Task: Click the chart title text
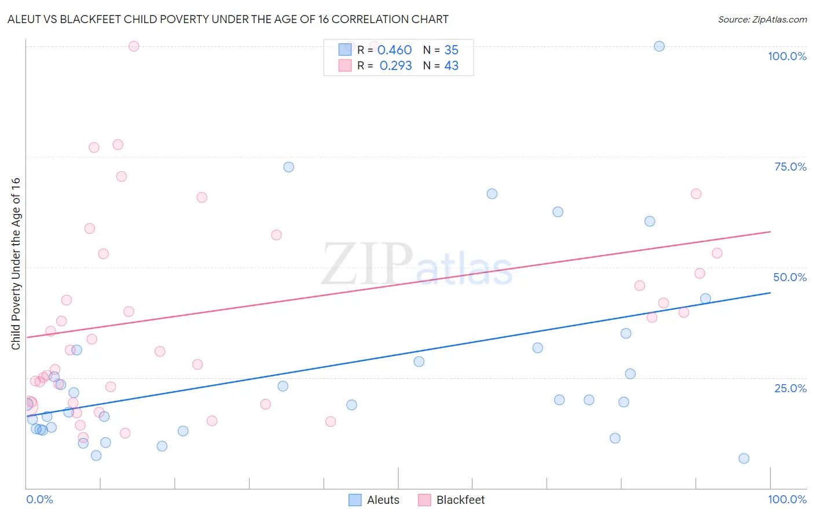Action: click(x=228, y=19)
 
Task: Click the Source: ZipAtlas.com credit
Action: click(x=762, y=19)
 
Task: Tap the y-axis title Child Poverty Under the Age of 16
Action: click(x=16, y=263)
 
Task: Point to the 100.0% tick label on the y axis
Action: click(x=787, y=56)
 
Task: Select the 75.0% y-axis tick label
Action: click(x=790, y=167)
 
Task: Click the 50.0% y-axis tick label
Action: click(x=790, y=277)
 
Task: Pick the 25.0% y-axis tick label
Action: click(x=790, y=388)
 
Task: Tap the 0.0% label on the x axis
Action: click(x=39, y=499)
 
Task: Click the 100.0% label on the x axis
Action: click(x=787, y=499)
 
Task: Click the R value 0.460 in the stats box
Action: click(x=394, y=50)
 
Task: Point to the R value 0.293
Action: click(x=395, y=66)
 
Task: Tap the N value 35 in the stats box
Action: click(x=451, y=50)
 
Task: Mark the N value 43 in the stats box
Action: click(x=451, y=66)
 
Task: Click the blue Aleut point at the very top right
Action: click(x=659, y=46)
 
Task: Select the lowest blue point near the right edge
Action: click(x=744, y=458)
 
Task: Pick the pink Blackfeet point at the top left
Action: click(x=134, y=46)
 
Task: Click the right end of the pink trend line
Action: click(x=770, y=231)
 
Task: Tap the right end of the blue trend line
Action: click(x=770, y=293)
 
